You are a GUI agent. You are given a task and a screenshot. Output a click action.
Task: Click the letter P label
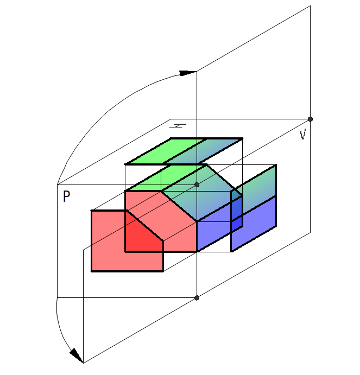tap(66, 196)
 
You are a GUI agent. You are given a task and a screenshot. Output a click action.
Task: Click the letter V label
tap(303, 135)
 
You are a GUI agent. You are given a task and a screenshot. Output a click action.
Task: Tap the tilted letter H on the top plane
tap(178, 125)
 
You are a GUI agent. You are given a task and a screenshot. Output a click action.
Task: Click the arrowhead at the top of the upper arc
tap(188, 73)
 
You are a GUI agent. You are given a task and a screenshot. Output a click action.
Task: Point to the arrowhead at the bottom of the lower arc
tap(77, 355)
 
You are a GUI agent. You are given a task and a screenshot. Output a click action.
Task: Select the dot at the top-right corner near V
tap(310, 119)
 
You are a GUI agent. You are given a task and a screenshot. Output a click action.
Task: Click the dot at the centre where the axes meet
tap(197, 185)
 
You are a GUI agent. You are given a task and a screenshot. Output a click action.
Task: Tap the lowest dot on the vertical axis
tap(197, 298)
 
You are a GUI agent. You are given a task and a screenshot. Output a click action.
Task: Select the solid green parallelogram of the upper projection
tap(165, 151)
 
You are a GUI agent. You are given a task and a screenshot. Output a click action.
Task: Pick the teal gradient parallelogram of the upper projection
tap(203, 151)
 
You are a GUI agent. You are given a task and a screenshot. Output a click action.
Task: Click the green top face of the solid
tap(165, 177)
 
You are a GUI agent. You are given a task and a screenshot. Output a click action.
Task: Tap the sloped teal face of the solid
tap(201, 193)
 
